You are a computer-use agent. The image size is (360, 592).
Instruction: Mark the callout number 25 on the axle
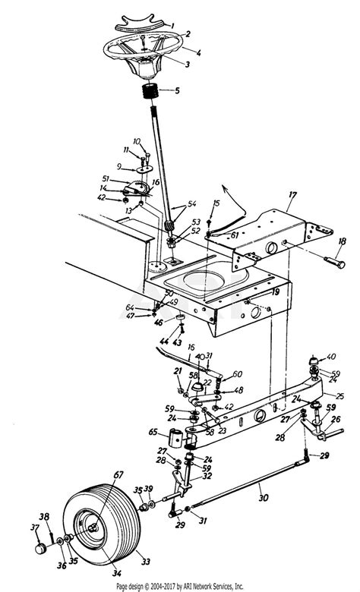tap(339, 395)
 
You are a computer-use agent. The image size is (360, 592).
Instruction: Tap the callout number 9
tap(118, 167)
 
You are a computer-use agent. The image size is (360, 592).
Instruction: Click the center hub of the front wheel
tap(91, 524)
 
